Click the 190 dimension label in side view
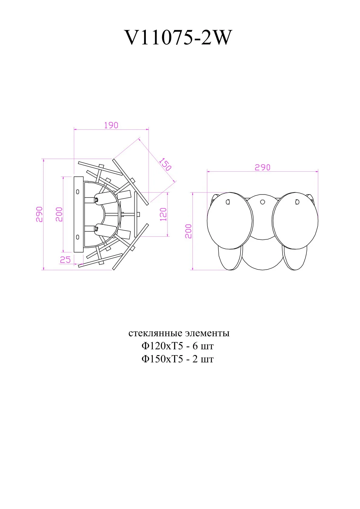(111, 125)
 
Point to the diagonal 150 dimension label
(165, 164)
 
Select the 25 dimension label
(65, 259)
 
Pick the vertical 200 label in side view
(59, 214)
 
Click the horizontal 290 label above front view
(262, 167)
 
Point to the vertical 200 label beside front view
(188, 231)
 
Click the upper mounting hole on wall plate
(78, 192)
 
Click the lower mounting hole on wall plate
(78, 237)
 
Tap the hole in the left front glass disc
(228, 202)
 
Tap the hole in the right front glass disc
(297, 202)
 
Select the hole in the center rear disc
(263, 202)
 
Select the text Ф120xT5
(162, 346)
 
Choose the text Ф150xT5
(162, 359)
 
